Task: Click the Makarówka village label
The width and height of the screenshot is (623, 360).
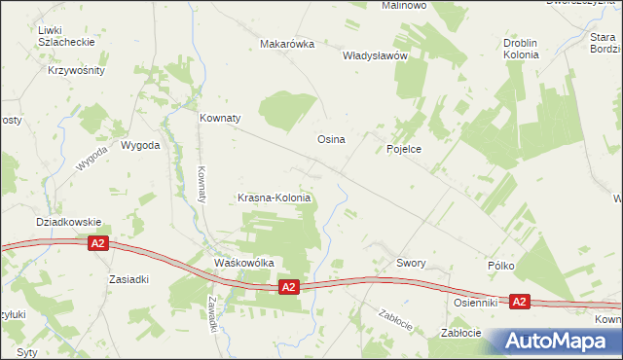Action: click(x=287, y=44)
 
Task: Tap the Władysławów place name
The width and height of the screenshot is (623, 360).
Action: click(x=374, y=56)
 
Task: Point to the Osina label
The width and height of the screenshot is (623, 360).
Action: click(x=331, y=139)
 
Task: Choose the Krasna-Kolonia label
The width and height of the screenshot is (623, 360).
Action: click(x=275, y=198)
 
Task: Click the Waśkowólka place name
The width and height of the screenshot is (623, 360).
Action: click(x=244, y=263)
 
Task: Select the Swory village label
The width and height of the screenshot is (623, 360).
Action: click(x=413, y=263)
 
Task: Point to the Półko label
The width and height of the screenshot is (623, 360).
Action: click(x=499, y=265)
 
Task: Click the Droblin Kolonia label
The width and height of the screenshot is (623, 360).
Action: click(x=528, y=50)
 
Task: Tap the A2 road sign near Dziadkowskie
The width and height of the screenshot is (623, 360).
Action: click(x=97, y=244)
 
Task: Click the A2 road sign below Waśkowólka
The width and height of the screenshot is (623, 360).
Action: click(x=287, y=287)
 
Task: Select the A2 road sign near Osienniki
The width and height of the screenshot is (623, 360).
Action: click(x=519, y=303)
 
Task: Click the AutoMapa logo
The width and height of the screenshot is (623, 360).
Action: click(x=559, y=341)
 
